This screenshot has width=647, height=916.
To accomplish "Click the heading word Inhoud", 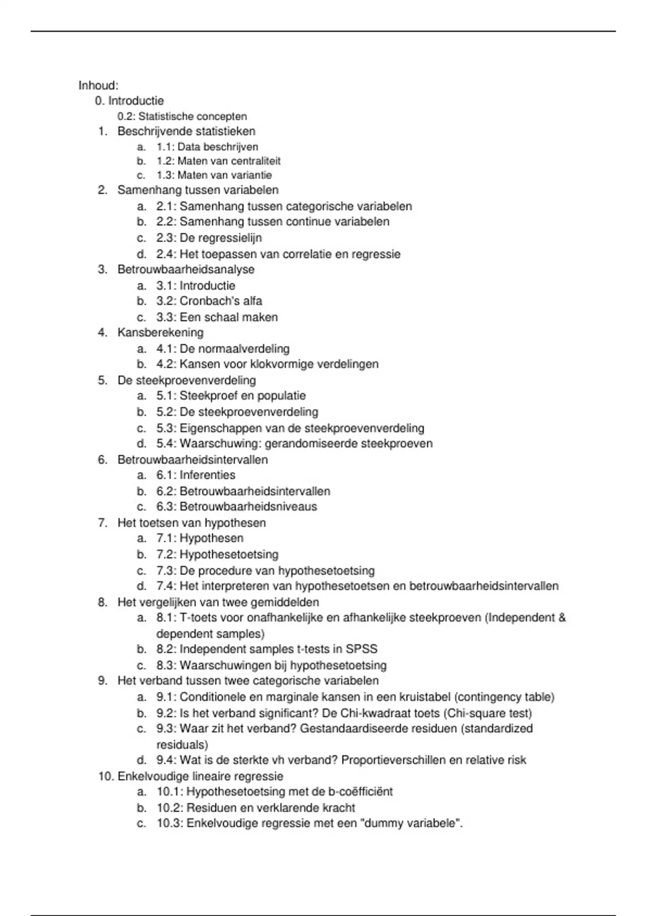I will pyautogui.click(x=98, y=86).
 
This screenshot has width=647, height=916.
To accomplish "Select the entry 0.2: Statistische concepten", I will pyautogui.click(x=182, y=116).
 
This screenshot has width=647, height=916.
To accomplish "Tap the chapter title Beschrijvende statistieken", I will pyautogui.click(x=187, y=131).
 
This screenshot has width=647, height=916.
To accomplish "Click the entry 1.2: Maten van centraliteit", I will pyautogui.click(x=218, y=161).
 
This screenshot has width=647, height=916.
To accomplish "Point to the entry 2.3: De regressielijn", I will pyautogui.click(x=209, y=238).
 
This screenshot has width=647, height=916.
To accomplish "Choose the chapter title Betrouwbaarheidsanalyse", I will pyautogui.click(x=186, y=269).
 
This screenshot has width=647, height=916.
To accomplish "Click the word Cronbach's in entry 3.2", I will pyautogui.click(x=205, y=301).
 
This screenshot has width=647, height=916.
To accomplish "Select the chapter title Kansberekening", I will pyautogui.click(x=161, y=332).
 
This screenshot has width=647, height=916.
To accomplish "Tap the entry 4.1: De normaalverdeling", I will pyautogui.click(x=223, y=349).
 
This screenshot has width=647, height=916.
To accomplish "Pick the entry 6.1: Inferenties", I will pyautogui.click(x=196, y=475).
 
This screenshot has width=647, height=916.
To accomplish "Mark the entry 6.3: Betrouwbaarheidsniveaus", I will pyautogui.click(x=237, y=506).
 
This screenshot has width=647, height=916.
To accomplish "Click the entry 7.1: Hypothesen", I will pyautogui.click(x=200, y=538).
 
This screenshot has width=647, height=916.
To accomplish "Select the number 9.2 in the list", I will pyautogui.click(x=165, y=713).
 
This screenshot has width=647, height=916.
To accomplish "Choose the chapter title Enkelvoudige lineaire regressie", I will pyautogui.click(x=200, y=776).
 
